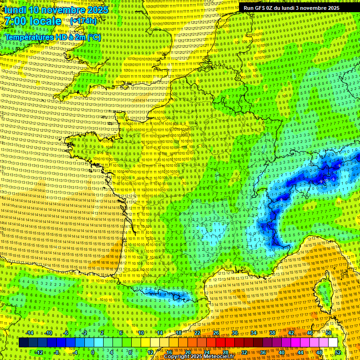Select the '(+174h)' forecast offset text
(x=83, y=21)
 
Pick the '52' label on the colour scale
(x=337, y=352)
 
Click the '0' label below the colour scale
(x=93, y=352)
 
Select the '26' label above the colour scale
(x=216, y=333)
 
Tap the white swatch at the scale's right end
(x=333, y=343)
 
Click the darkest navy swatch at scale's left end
(x=24, y=343)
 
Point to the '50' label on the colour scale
(x=328, y=333)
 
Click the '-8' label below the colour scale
(x=56, y=352)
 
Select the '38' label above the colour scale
(x=272, y=333)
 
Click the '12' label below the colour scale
(x=150, y=352)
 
